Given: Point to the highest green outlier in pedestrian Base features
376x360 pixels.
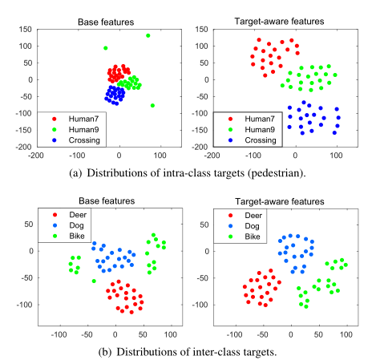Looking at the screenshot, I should point(148,35).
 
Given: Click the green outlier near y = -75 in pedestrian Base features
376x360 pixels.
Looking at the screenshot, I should point(152,105).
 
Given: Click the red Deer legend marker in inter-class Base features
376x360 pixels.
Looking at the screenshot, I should point(53,215).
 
